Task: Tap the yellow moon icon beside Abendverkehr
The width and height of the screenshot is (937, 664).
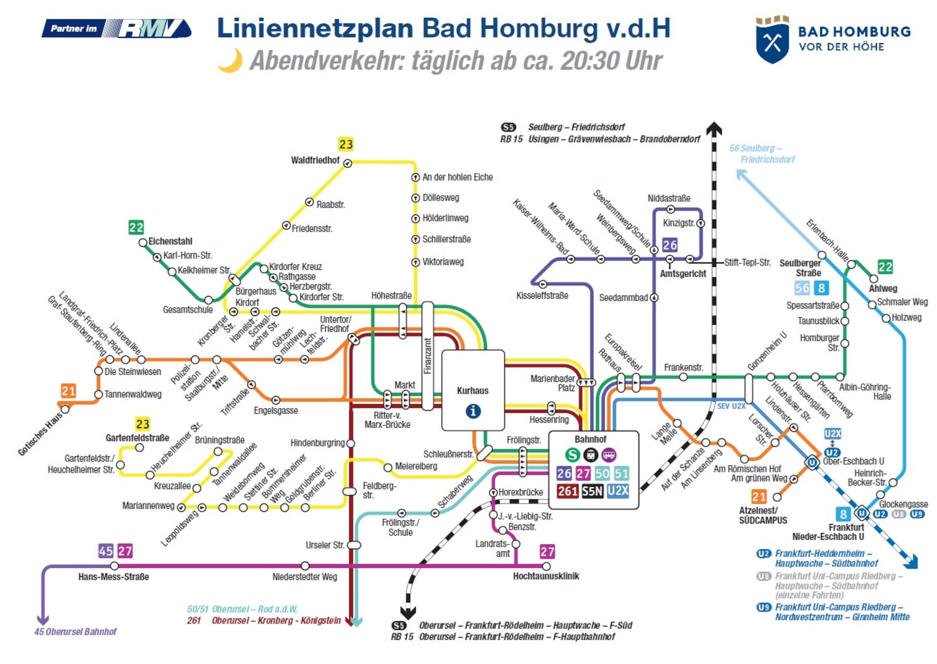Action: tap(230, 60)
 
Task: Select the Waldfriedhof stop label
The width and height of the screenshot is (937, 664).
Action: tap(315, 160)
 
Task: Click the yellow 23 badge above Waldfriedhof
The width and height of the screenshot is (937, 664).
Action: tap(346, 144)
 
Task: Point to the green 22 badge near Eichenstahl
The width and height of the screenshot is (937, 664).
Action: tap(136, 227)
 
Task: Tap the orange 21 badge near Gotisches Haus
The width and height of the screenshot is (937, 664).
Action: tap(68, 391)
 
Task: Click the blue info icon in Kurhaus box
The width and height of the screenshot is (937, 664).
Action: tap(472, 411)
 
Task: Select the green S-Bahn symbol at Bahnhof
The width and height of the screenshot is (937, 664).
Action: tap(572, 455)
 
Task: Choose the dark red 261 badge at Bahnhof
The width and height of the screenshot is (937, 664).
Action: tap(567, 491)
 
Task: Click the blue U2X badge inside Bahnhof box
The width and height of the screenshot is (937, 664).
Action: tap(617, 491)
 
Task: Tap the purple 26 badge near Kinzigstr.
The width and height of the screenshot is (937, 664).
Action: tap(670, 245)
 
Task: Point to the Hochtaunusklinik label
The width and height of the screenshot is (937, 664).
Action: tap(546, 576)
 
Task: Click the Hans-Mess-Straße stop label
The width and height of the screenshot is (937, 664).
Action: tap(113, 577)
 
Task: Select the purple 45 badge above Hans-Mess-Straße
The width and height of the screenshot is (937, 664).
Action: tap(106, 551)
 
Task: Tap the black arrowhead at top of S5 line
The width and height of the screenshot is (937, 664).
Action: tap(714, 128)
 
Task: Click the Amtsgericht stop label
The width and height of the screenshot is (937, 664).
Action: tap(683, 274)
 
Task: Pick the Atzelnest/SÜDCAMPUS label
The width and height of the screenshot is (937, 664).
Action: tap(763, 515)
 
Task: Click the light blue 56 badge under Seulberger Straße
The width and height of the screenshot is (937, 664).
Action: tap(802, 288)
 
